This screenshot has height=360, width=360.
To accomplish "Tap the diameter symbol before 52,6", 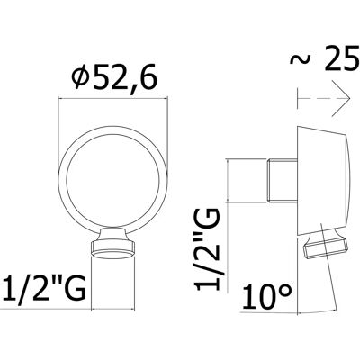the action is (x=81, y=78).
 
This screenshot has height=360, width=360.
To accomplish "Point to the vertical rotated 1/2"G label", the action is (x=208, y=249).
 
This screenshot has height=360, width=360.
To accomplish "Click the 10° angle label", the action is (x=267, y=296).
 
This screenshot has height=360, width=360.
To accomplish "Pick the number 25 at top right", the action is (x=342, y=59).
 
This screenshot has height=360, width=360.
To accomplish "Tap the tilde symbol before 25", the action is (x=301, y=58).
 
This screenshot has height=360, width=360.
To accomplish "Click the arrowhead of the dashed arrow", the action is (x=345, y=98).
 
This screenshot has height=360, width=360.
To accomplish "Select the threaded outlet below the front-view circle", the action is (x=112, y=243).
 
